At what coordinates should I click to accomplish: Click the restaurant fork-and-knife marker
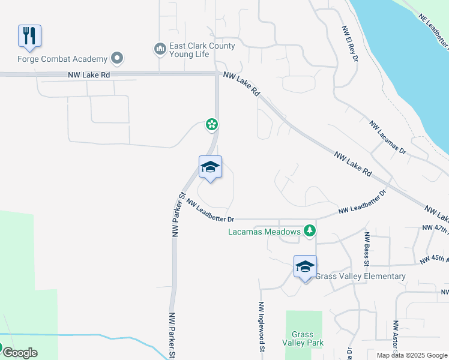[x=29, y=36]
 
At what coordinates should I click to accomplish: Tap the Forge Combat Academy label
[x=62, y=59]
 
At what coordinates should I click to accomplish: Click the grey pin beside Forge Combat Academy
[x=117, y=58]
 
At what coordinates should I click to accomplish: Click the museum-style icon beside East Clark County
[x=160, y=48]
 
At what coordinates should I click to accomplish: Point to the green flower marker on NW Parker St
[x=211, y=125]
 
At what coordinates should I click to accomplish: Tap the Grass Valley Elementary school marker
[x=305, y=267]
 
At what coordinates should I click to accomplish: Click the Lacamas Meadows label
[x=264, y=232]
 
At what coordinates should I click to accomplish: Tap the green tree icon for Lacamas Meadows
[x=309, y=231]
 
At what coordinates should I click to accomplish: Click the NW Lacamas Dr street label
[x=388, y=139]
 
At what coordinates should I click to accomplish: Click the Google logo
[x=20, y=353]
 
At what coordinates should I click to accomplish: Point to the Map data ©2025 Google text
[x=412, y=355]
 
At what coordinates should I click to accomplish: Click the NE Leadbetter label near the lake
[x=434, y=32]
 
